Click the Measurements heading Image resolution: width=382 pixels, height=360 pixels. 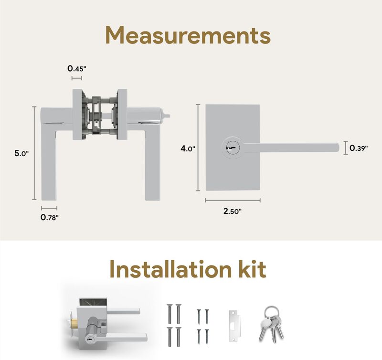pos(188,35)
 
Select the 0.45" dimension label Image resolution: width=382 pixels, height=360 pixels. pos(77,69)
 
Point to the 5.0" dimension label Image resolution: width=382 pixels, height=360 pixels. pos(21,153)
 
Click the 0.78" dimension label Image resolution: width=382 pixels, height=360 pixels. pos(50,217)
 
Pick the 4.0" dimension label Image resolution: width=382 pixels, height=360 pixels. pos(188,148)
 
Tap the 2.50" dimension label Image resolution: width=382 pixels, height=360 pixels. pos(233,211)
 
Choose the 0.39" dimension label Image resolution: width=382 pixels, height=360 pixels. pos(359,148)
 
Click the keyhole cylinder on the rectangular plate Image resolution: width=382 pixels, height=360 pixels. pos(231,148)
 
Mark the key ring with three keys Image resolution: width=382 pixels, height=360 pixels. pos(271,323)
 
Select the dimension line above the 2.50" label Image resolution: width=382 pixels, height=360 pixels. pos(233,200)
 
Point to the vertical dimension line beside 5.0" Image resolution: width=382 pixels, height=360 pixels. pos(34,153)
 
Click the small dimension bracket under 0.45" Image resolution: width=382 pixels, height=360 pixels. pos(77,78)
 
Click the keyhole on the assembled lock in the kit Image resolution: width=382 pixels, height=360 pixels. pos(89,339)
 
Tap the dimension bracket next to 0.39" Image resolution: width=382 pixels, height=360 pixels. pos(346,148)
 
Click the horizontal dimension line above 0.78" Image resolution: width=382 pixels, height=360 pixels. pos(49,208)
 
